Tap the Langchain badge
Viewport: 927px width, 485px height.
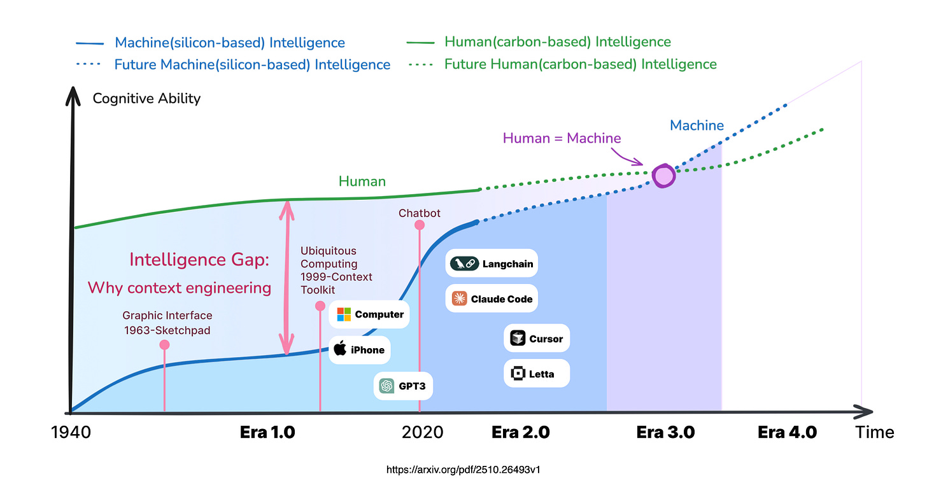(492, 264)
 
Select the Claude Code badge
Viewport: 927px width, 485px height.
(492, 299)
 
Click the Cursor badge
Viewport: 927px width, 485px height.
(537, 339)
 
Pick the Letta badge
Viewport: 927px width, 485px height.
(537, 374)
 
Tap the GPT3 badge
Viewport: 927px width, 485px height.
(403, 386)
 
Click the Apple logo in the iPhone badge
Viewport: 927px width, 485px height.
(340, 349)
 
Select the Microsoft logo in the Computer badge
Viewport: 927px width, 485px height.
(344, 314)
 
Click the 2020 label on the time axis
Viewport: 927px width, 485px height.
(422, 433)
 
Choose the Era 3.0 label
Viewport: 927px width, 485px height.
(665, 433)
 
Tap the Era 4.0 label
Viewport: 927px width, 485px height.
(787, 433)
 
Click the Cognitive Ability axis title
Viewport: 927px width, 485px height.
(146, 99)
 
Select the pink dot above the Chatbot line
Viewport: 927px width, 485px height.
(419, 225)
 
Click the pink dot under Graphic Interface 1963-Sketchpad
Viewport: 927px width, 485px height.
(164, 344)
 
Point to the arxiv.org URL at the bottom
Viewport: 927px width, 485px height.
(463, 470)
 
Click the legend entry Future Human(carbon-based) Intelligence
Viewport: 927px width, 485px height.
(580, 64)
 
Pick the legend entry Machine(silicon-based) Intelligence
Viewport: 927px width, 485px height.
(229, 43)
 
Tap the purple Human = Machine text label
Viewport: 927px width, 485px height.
(562, 138)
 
